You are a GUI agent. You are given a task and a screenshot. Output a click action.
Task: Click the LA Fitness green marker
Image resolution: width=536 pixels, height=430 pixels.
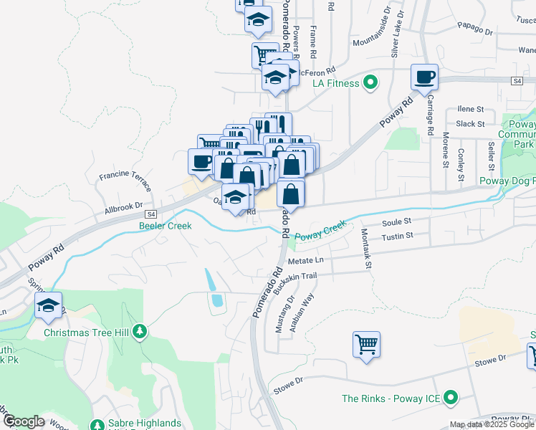tap(370, 83)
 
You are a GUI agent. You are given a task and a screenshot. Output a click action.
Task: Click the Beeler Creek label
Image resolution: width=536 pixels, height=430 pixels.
tap(165, 226)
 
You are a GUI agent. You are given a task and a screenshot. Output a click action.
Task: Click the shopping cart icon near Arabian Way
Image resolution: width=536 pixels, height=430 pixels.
tap(366, 344)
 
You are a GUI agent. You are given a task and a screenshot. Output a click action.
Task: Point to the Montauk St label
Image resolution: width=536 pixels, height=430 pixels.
tap(366, 248)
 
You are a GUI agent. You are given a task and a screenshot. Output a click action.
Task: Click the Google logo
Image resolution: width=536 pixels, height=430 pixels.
tap(23, 421)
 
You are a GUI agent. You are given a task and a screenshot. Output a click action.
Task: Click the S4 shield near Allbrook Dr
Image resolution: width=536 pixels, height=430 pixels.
tap(151, 214)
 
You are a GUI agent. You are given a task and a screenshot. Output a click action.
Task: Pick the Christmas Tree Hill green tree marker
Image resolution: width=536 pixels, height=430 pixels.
tap(142, 331)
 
